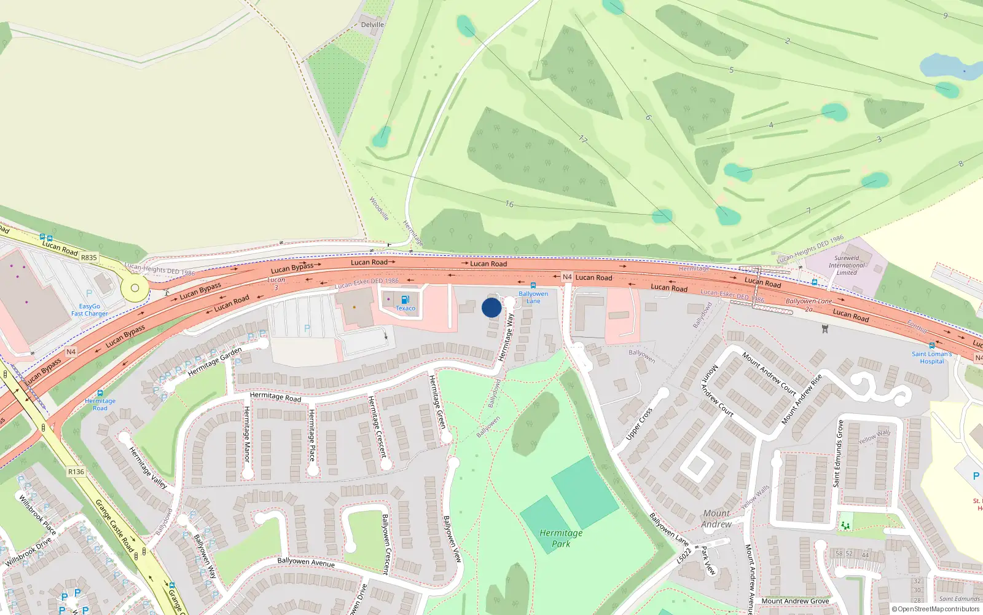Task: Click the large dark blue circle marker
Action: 491,307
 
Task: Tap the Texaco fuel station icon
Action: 405,300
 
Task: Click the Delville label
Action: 372,25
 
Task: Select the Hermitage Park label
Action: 561,538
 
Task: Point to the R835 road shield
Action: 89,258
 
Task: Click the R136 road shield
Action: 76,472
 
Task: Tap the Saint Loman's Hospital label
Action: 931,357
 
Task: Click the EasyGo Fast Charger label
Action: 89,310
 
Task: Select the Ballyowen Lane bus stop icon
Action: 533,285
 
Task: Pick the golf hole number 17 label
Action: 582,140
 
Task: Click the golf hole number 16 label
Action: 509,204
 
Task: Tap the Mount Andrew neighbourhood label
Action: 716,518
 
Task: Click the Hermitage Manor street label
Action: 247,434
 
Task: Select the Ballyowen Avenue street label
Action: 306,562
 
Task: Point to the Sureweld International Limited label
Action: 847,265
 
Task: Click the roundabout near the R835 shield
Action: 135,287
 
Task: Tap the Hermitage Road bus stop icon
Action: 100,393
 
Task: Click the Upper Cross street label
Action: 639,424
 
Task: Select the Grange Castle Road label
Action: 114,525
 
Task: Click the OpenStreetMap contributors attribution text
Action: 935,609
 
